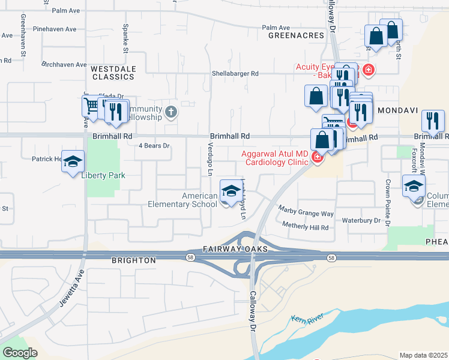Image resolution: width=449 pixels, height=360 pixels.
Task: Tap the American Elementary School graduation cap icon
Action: [x=229, y=191]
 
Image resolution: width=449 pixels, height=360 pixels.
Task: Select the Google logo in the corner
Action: [x=20, y=352]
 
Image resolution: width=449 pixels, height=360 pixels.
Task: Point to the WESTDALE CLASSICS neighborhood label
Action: [x=112, y=73]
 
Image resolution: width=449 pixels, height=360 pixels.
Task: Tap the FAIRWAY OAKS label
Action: [x=226, y=248]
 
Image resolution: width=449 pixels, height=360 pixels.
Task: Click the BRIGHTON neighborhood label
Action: [x=134, y=260]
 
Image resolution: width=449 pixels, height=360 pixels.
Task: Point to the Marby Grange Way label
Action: [x=306, y=211]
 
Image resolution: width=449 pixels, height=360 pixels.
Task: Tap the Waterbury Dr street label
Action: [x=361, y=220]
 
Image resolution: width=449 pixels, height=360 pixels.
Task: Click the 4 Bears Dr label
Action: [x=154, y=145]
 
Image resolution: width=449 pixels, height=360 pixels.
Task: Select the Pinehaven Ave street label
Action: [x=55, y=29]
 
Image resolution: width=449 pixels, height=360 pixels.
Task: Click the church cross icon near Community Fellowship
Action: [x=171, y=112]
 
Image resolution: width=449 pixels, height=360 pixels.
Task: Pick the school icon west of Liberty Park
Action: [x=73, y=162]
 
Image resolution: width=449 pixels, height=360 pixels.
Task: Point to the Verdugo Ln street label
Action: [x=210, y=161]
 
